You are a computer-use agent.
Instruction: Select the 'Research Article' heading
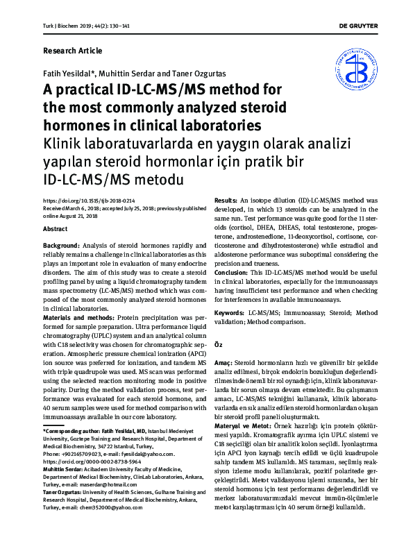[72, 51]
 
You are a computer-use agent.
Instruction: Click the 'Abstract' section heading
[56, 228]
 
